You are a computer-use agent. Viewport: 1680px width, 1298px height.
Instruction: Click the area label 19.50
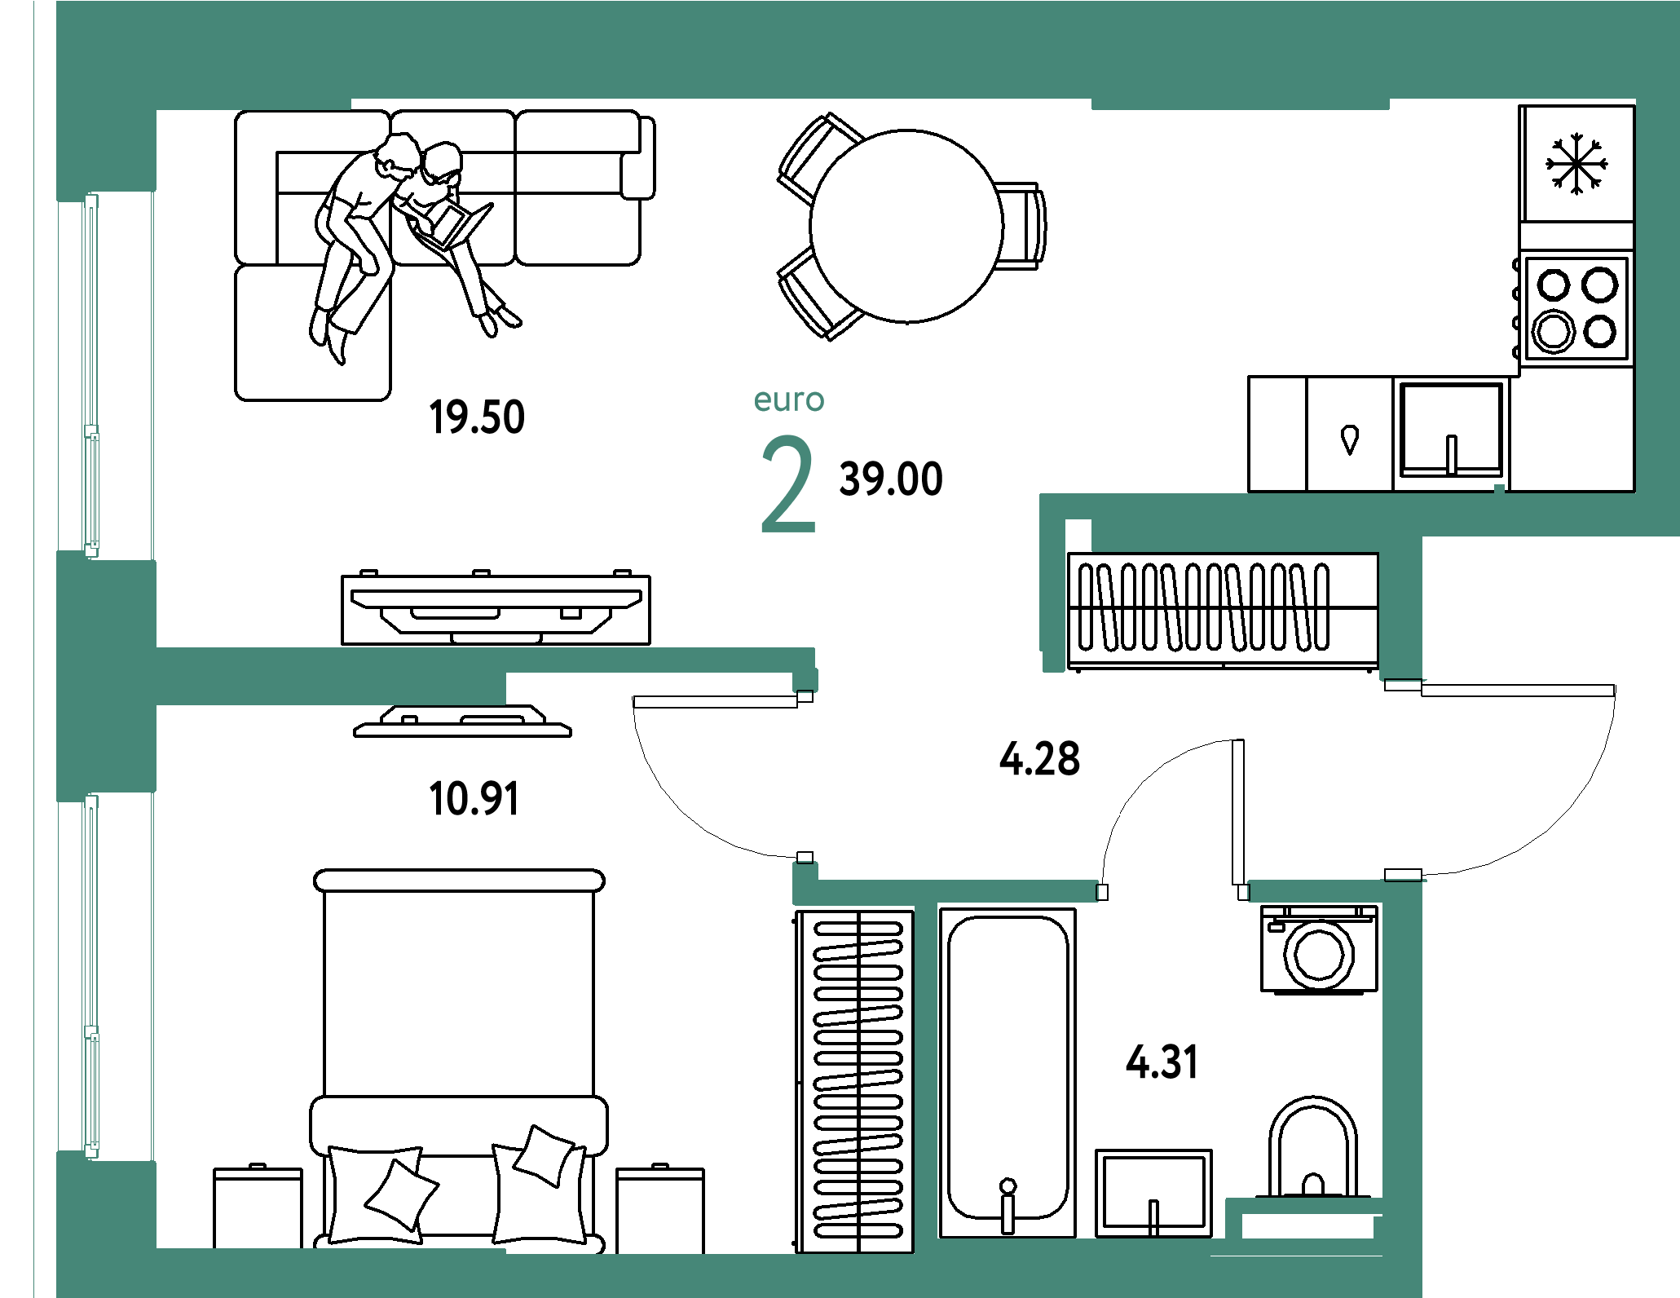click(x=477, y=417)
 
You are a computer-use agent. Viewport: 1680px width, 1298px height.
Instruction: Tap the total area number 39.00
click(x=891, y=479)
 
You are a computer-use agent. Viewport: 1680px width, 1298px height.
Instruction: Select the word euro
click(x=789, y=400)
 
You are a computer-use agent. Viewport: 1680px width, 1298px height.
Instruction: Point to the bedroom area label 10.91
click(x=474, y=798)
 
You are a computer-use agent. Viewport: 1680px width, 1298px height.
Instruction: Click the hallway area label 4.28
click(x=1040, y=758)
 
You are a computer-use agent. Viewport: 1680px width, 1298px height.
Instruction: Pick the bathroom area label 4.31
click(x=1162, y=1062)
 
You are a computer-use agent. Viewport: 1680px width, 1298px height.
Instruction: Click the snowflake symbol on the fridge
click(x=1576, y=164)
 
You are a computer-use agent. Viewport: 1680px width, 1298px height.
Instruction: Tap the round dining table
click(x=906, y=226)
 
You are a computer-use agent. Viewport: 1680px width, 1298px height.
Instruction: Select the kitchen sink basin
click(x=1452, y=430)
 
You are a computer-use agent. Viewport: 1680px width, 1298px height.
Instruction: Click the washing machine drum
click(x=1319, y=955)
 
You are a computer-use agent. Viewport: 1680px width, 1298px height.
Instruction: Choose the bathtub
click(x=1008, y=1072)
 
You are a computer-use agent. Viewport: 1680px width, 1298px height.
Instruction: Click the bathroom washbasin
click(x=1153, y=1193)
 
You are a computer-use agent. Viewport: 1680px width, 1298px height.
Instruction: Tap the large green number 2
click(x=788, y=483)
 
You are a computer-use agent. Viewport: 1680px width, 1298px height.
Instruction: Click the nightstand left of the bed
click(x=258, y=1207)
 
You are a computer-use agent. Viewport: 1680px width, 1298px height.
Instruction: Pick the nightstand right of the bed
click(x=660, y=1208)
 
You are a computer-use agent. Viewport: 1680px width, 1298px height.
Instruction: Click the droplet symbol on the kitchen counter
click(x=1350, y=439)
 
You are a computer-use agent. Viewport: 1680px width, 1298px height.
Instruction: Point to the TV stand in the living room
click(x=496, y=608)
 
